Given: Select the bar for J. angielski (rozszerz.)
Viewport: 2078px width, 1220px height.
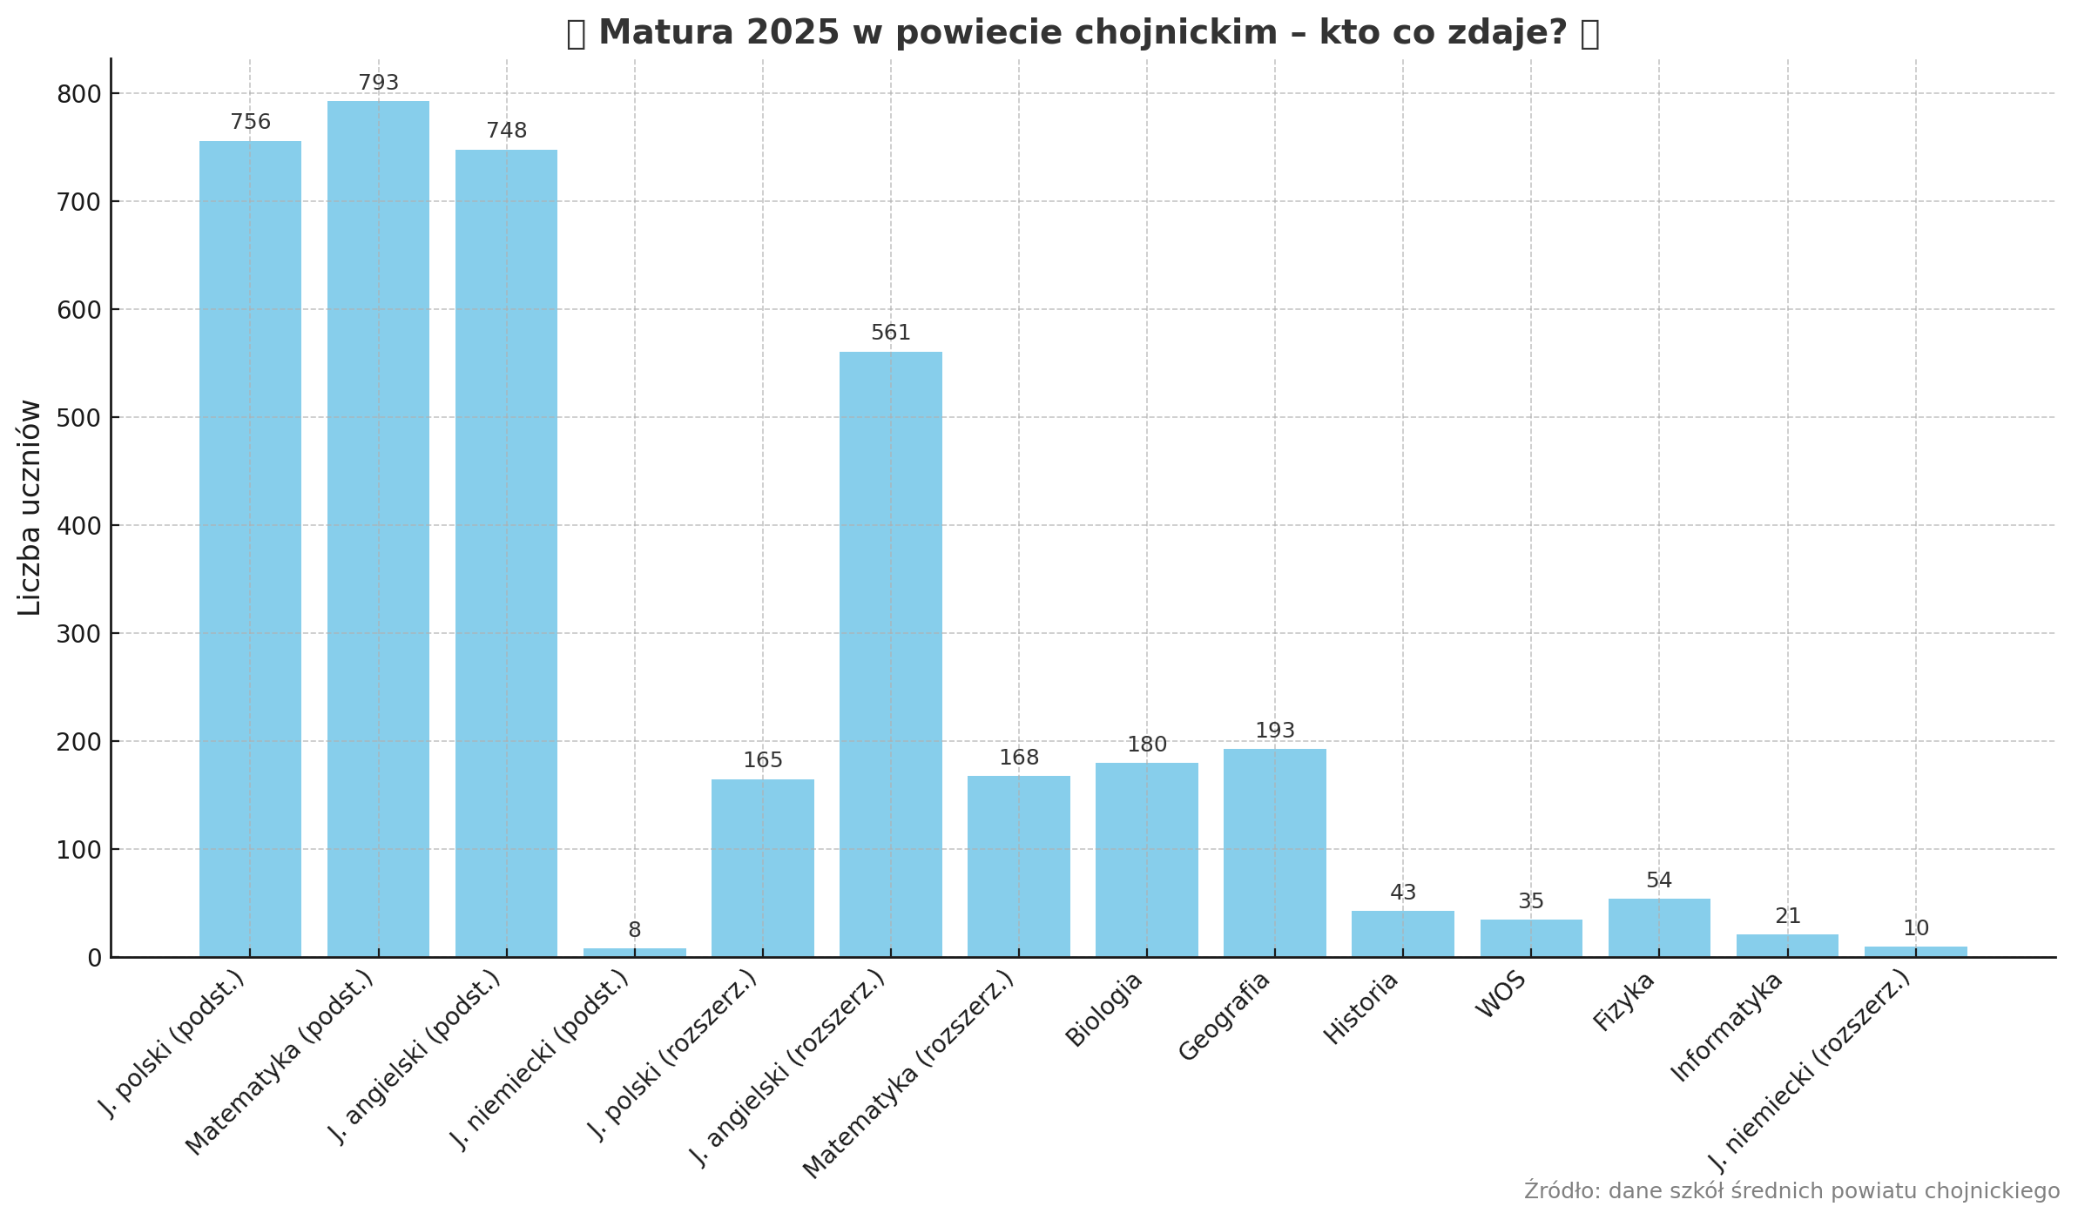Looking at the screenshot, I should click(x=890, y=654).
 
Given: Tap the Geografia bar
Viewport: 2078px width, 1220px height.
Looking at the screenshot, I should click(x=1274, y=853).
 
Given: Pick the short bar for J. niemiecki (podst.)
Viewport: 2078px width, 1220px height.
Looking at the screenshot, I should click(x=634, y=953).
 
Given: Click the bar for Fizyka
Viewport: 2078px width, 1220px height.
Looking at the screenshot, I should click(x=1658, y=927).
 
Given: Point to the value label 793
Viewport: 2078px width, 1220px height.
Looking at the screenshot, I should click(x=378, y=84).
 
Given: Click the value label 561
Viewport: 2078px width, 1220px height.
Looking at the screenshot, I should click(x=890, y=334).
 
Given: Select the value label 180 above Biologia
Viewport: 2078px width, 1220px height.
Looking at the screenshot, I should click(x=1146, y=745).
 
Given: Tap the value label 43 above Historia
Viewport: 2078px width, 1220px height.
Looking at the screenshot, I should click(x=1402, y=893).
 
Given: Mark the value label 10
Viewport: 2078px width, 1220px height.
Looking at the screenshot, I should click(x=1915, y=929).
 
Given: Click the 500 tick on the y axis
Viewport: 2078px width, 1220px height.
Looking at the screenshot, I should click(x=78, y=418).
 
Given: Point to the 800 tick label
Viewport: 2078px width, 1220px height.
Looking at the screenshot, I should click(x=78, y=94).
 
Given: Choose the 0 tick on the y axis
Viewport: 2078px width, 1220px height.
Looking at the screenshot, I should click(x=94, y=958).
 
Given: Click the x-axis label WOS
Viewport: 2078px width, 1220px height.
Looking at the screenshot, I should click(x=1501, y=994).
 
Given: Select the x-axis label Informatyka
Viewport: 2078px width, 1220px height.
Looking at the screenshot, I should click(x=1726, y=1028).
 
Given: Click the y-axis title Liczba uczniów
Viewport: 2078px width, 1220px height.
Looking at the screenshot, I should click(x=30, y=508).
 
